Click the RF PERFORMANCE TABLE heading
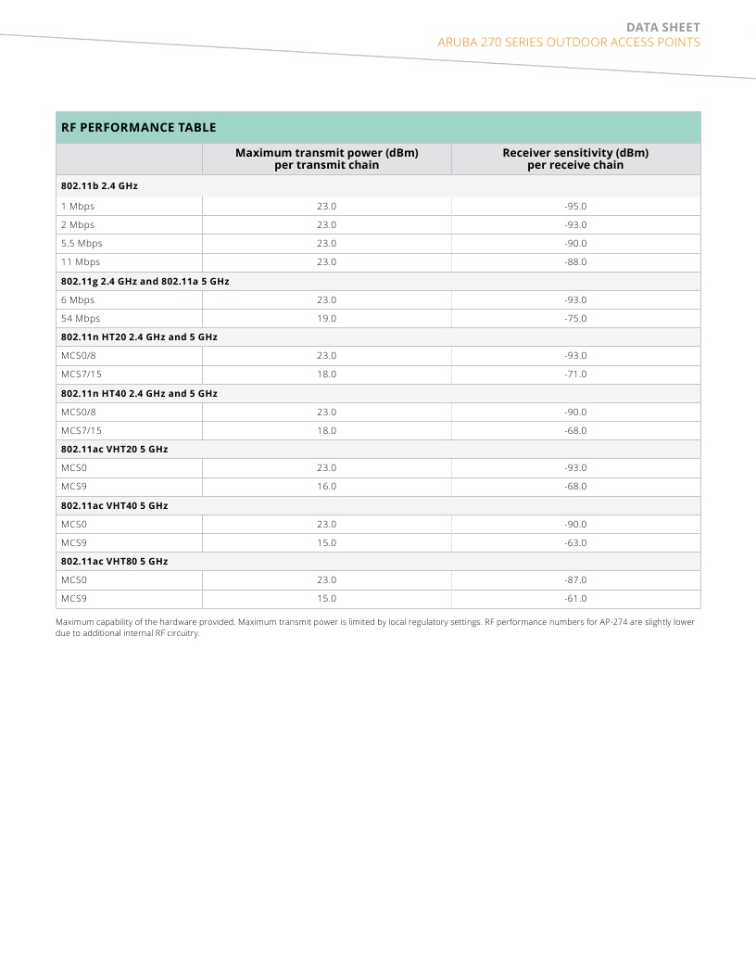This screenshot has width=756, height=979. (x=138, y=128)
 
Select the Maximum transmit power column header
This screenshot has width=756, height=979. (x=326, y=159)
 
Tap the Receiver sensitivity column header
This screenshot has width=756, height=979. (x=575, y=159)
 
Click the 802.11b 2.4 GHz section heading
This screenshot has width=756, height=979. (x=99, y=186)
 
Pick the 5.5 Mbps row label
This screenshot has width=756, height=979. (x=82, y=244)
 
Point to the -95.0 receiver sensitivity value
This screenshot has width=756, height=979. (x=575, y=207)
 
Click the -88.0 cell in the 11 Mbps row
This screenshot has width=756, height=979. (x=575, y=262)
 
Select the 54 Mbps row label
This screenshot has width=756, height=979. (x=81, y=319)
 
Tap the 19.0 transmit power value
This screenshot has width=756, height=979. (x=326, y=319)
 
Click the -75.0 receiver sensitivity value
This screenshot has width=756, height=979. (x=575, y=319)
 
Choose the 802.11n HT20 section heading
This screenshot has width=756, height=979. (x=139, y=337)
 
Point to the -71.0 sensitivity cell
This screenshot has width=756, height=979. (x=575, y=375)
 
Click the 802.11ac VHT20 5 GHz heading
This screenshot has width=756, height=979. (x=114, y=450)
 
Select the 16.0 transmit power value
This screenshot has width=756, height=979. (x=326, y=487)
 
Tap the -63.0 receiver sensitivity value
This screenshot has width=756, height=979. (x=575, y=543)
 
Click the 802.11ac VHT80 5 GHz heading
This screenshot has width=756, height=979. (x=114, y=562)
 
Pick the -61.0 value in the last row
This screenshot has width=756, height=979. (x=575, y=599)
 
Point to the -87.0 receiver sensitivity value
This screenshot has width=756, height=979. (x=575, y=580)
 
